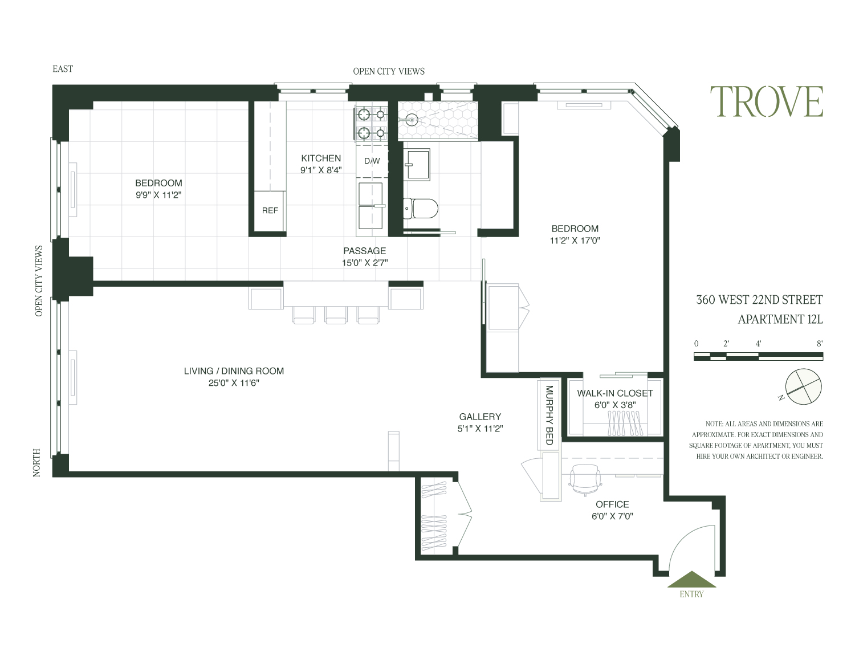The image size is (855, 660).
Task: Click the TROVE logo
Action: click(766, 101)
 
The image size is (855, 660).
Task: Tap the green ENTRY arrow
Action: click(691, 580)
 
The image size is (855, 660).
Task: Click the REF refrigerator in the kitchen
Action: click(270, 210)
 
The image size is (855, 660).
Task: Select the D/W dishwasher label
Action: click(372, 161)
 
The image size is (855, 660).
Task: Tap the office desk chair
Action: click(585, 479)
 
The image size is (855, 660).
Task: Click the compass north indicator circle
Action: click(804, 386)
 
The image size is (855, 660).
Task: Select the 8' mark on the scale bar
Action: click(819, 344)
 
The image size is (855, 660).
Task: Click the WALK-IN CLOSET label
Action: click(614, 393)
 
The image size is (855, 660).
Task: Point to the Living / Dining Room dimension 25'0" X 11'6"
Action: click(234, 383)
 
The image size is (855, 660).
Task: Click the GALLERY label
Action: click(480, 417)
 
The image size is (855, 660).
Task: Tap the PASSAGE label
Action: click(364, 251)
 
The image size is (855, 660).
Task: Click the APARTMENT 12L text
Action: click(780, 319)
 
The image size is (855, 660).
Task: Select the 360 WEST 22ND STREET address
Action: click(759, 300)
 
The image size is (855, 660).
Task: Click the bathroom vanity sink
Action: click(417, 165)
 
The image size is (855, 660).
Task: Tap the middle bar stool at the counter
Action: click(336, 315)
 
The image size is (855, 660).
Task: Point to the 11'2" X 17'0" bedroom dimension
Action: click(575, 241)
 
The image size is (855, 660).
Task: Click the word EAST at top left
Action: click(63, 69)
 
